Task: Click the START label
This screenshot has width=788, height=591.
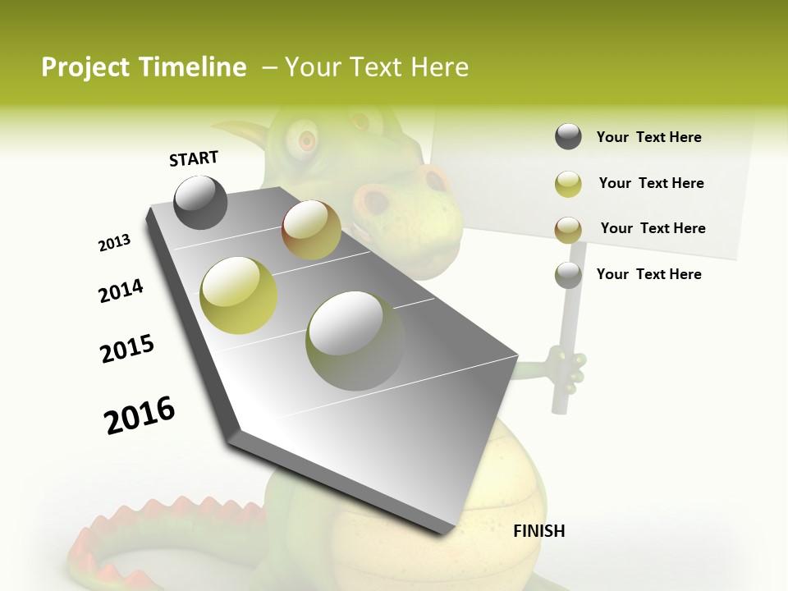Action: coord(194,158)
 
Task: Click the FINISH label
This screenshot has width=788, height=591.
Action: coord(538,531)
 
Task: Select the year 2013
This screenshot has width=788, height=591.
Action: coord(114,243)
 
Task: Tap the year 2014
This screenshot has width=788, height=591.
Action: coord(121,291)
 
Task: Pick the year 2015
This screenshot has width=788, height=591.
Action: coord(126,349)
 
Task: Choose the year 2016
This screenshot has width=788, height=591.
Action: coord(140,415)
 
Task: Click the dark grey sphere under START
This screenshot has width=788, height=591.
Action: coord(200,203)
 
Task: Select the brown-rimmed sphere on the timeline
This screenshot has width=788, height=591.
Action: coord(311,230)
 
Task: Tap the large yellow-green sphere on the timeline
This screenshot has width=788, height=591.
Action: coord(239,295)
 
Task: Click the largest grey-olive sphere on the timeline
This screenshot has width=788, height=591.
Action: coord(355,341)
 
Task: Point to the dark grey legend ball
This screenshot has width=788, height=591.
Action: coord(568,137)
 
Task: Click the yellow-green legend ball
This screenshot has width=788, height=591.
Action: coord(568,184)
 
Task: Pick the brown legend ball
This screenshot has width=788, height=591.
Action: coord(568,229)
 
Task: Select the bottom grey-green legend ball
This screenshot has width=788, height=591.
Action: coord(568,275)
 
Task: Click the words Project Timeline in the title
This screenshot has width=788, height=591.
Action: coord(144,67)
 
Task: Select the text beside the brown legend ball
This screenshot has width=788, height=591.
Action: coord(653,228)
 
